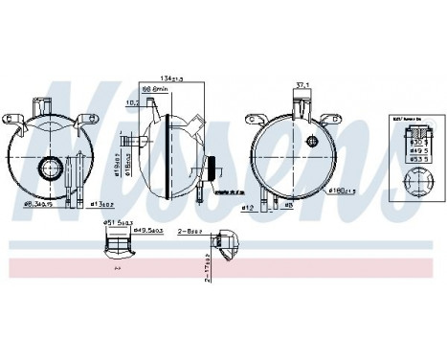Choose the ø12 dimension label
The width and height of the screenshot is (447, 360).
pyautogui.click(x=249, y=207)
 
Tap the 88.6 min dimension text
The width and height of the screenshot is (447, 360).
pyautogui.click(x=178, y=92)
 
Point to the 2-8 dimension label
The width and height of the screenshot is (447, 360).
pyautogui.click(x=190, y=231)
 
